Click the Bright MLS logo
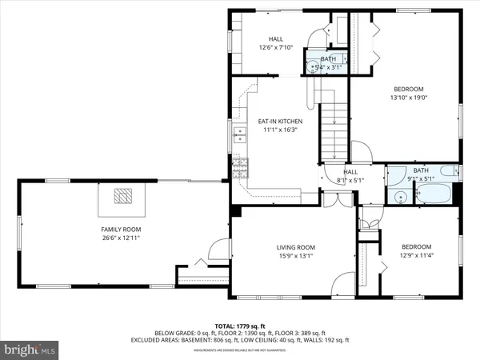point(30,349)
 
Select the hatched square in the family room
point(122,197)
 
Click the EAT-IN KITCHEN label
point(279,122)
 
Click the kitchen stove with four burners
point(238,167)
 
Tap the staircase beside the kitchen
point(330,128)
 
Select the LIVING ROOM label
point(296,247)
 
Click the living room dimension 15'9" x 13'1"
point(296,256)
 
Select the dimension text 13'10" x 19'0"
point(408,98)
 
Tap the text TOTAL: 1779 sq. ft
point(240,326)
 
